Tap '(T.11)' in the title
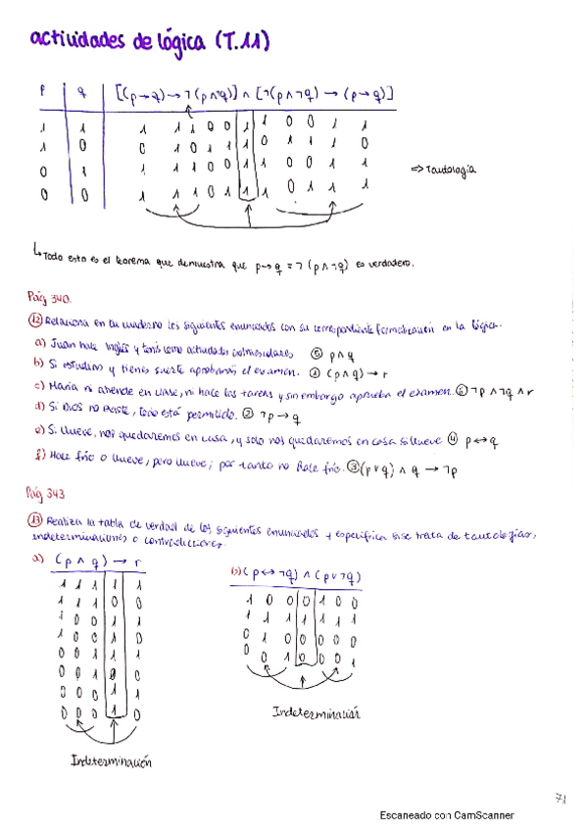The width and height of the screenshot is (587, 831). coord(239,40)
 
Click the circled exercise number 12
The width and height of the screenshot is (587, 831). coord(36,322)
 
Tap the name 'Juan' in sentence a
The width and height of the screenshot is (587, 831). coord(63,347)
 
